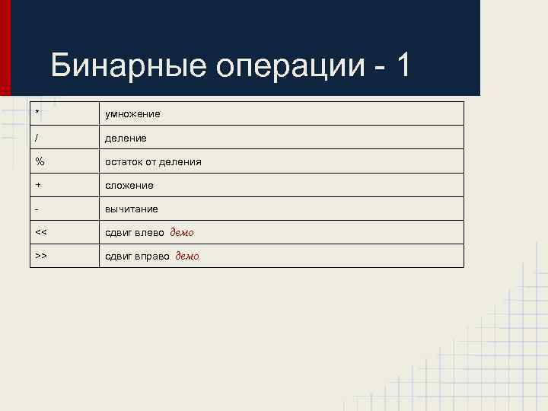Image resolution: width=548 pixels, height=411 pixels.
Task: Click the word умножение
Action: [x=132, y=114]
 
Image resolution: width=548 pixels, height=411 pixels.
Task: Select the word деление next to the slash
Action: [x=126, y=138]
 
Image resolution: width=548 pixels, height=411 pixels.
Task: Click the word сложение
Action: [x=129, y=186]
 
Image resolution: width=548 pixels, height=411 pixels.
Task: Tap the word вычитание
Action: [x=132, y=209]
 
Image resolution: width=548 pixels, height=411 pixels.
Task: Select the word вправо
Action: [x=151, y=256]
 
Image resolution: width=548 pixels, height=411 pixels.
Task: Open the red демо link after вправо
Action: [x=187, y=256]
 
